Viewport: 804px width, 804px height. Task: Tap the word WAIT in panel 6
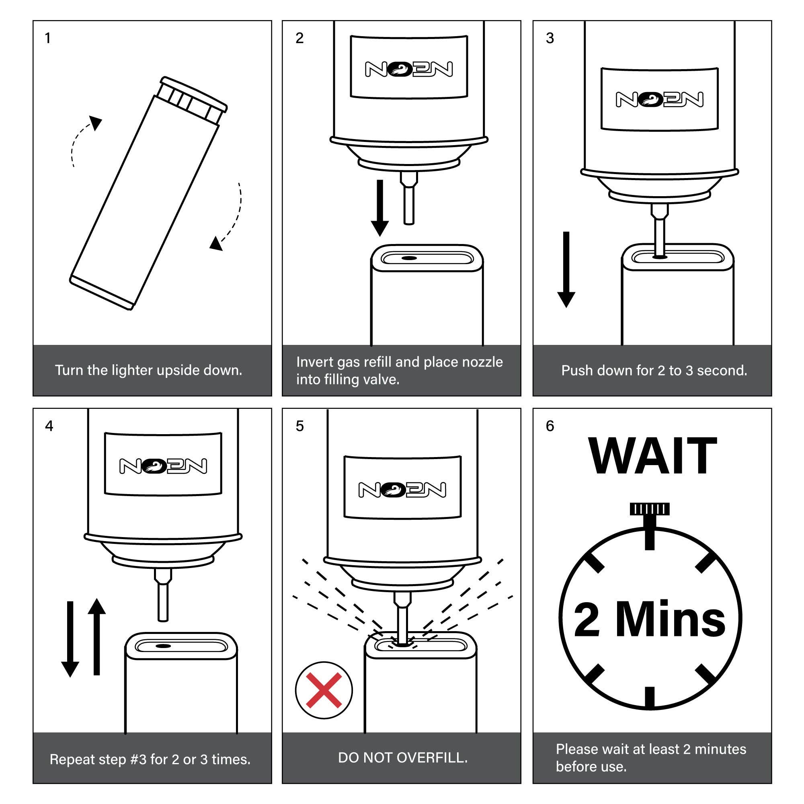coord(652,456)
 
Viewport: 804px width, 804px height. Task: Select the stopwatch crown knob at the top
coord(650,509)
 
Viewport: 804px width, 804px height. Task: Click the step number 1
coord(48,38)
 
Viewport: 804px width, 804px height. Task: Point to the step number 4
coord(49,426)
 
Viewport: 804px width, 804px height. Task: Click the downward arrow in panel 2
coord(379,208)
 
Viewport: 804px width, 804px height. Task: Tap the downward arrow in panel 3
coord(566,270)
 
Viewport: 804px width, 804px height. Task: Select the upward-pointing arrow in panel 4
coord(96,636)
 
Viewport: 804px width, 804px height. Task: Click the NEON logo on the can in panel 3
coord(660,99)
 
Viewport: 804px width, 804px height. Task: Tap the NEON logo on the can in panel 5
coord(402,489)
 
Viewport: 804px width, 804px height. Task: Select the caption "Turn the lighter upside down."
coord(149,370)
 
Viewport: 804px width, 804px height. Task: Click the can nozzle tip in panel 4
coord(164,619)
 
